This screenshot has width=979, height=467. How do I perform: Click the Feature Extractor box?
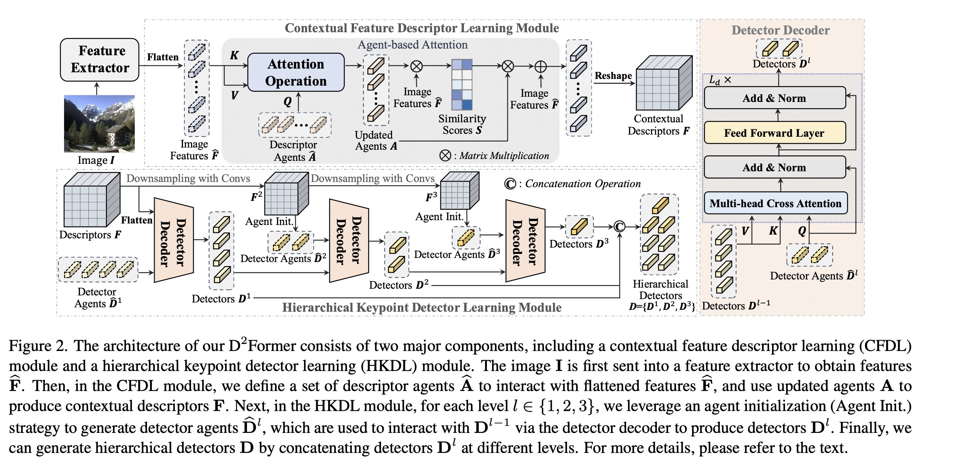(x=100, y=59)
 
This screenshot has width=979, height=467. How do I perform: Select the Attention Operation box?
(x=296, y=72)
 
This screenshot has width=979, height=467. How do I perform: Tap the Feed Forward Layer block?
(x=775, y=133)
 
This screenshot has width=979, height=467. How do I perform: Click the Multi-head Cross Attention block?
(x=775, y=203)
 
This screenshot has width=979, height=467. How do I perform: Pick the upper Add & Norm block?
(x=775, y=98)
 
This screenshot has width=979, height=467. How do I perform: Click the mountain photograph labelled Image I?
(x=99, y=123)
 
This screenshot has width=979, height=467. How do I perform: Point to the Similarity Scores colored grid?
(x=462, y=85)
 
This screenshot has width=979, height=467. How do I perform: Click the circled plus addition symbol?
(x=541, y=67)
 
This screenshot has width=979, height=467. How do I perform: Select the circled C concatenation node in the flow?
(x=619, y=227)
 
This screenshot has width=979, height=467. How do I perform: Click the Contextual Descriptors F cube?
(x=664, y=83)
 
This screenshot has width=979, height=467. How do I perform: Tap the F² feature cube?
(x=286, y=193)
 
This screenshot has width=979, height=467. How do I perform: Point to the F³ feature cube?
(x=459, y=190)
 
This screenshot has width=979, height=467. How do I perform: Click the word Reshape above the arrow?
(x=613, y=76)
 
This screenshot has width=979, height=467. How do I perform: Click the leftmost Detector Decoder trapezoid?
(x=173, y=240)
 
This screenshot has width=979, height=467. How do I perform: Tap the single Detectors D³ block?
(x=579, y=227)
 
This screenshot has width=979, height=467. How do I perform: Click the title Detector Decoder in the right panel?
(x=780, y=30)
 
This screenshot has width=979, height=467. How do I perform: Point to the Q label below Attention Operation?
(x=288, y=102)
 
